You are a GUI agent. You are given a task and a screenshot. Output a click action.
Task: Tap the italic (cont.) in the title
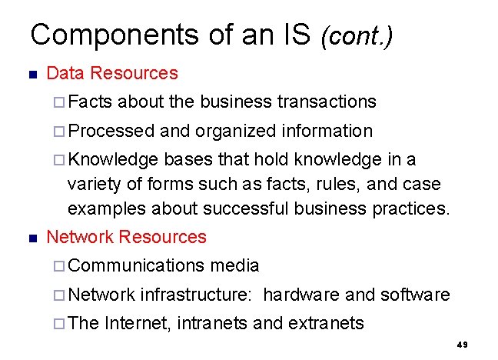coord(357,36)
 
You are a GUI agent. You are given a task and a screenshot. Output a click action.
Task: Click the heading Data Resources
coord(112,74)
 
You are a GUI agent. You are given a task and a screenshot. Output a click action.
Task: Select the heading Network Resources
coord(127,237)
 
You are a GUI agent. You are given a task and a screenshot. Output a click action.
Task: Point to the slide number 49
coord(462,345)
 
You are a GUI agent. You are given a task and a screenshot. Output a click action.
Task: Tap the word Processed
coord(111,131)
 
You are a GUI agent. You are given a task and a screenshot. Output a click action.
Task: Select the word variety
coord(92,185)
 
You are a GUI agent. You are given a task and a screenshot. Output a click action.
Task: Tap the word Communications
coord(136,265)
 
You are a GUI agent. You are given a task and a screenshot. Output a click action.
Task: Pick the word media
coord(234,265)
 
